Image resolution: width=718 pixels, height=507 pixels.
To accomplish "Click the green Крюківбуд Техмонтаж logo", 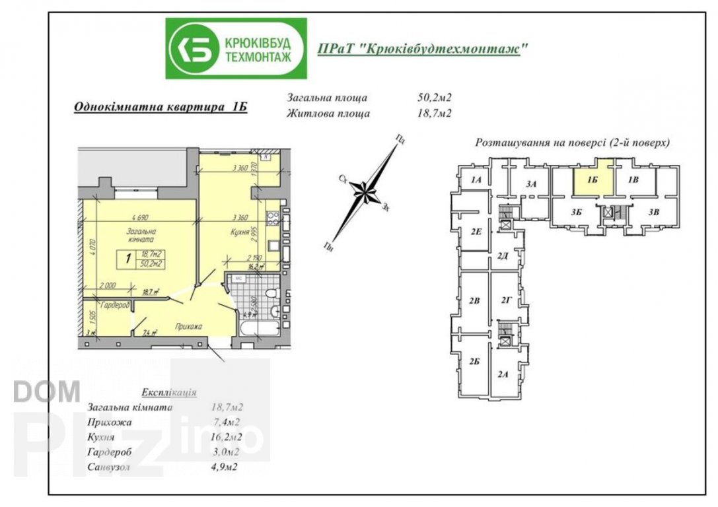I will click(236, 48).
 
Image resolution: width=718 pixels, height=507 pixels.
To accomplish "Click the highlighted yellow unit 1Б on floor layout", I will click(592, 180).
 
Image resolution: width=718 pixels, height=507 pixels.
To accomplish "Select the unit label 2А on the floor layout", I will click(503, 374).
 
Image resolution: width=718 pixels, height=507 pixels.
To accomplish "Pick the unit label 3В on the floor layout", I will click(654, 212).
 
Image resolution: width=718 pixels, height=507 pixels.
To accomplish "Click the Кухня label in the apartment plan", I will click(240, 233).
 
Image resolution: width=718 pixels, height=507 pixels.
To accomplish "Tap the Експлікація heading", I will click(169, 392).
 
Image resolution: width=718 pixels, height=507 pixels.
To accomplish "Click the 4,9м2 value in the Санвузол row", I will click(223, 467).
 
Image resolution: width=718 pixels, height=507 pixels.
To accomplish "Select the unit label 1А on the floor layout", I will click(475, 180).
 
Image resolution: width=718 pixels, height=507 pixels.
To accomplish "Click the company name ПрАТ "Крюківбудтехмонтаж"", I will click(423, 49).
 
